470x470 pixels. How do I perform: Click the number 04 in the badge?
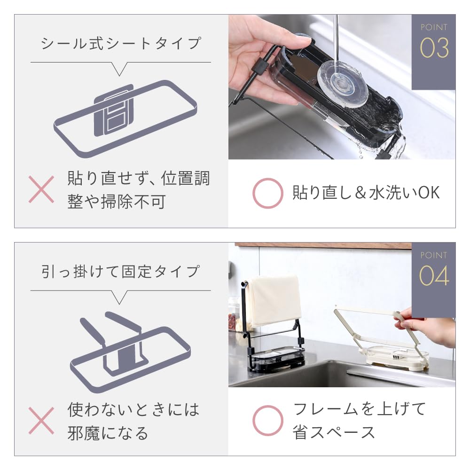tap(434, 277)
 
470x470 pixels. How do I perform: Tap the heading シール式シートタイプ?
tap(121, 44)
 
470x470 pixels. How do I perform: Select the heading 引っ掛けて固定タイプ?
tap(121, 272)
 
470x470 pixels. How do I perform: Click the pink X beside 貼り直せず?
tap(41, 190)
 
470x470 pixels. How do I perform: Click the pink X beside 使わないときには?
tap(41, 420)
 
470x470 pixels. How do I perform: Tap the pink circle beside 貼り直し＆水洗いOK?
tap(267, 193)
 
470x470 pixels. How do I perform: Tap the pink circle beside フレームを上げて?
tap(267, 420)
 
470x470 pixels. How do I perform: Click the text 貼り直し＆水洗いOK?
tap(366, 193)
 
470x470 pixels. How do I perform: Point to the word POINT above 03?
tap(434, 27)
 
